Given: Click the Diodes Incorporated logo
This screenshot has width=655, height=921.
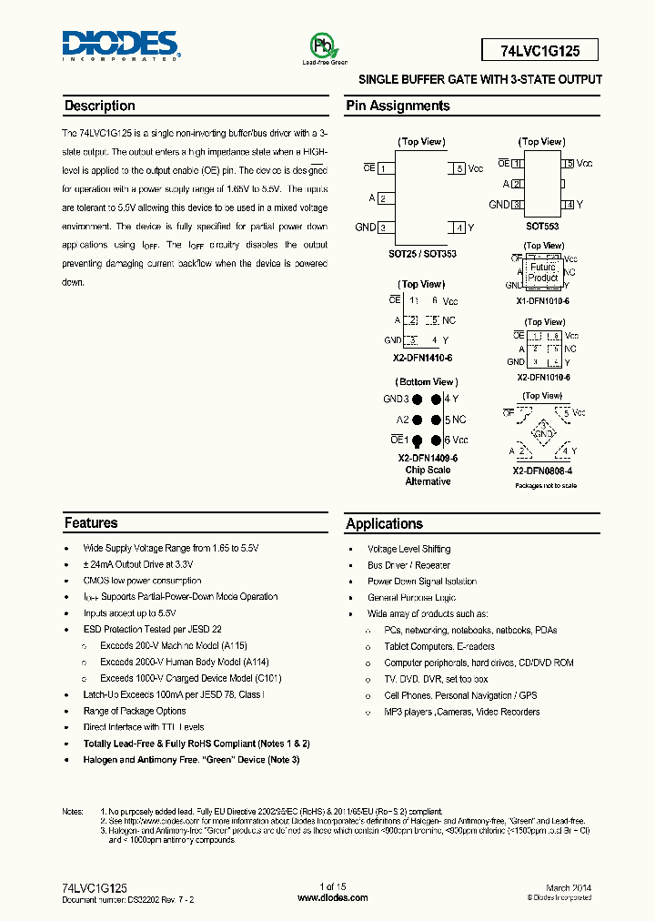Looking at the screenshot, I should pyautogui.click(x=121, y=45).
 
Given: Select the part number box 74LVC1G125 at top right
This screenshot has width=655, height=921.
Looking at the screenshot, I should pyautogui.click(x=540, y=50).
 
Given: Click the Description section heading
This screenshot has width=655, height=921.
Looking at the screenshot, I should pyautogui.click(x=99, y=106).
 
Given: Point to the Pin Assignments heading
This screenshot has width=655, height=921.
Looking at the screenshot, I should pyautogui.click(x=398, y=106).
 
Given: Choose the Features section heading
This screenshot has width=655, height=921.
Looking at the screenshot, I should pyautogui.click(x=91, y=523).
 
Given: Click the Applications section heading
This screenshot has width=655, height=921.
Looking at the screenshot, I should pyautogui.click(x=384, y=523).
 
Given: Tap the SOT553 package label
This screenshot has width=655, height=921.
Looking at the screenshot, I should pyautogui.click(x=542, y=226).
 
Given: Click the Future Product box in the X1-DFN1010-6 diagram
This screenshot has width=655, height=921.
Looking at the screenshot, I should pyautogui.click(x=543, y=273).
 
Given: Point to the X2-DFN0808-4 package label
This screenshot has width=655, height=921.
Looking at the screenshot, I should pyautogui.click(x=543, y=471).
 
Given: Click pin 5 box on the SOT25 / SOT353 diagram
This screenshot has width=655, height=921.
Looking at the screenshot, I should pyautogui.click(x=459, y=169).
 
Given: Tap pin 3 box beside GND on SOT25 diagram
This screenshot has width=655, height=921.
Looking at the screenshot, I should pyautogui.click(x=386, y=228).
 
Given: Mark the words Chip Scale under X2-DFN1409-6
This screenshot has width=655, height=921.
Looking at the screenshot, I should pyautogui.click(x=428, y=471).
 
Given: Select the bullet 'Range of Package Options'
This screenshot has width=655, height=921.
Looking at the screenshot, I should pyautogui.click(x=135, y=711).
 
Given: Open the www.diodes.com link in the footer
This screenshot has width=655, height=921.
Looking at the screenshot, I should pyautogui.click(x=333, y=897).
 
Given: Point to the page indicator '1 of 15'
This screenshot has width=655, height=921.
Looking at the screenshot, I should pyautogui.click(x=333, y=887).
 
